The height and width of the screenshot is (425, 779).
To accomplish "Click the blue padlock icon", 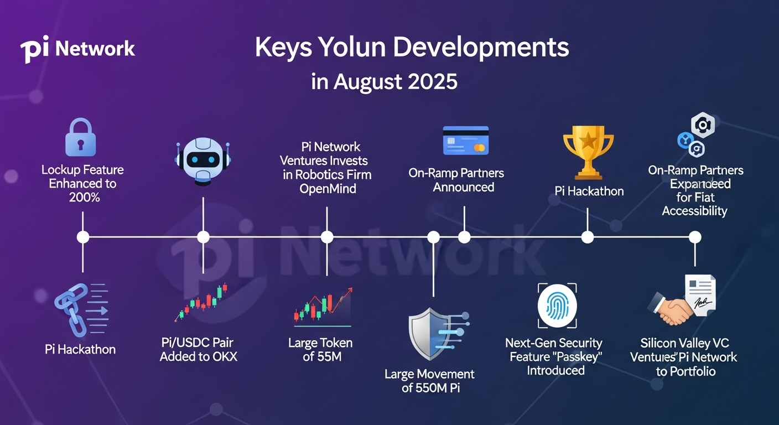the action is click(x=81, y=137).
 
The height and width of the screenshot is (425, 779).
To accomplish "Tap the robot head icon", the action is click(x=203, y=162).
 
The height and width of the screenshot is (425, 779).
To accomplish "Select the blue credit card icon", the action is click(x=466, y=141).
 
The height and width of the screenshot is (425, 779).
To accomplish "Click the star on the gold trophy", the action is click(x=589, y=141).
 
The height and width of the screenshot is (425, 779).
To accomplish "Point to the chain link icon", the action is click(x=71, y=309).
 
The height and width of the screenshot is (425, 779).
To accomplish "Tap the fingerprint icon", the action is click(x=557, y=306).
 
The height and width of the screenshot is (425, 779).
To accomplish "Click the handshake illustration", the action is click(x=670, y=308).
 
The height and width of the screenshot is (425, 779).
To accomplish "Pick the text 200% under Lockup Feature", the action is click(x=85, y=198).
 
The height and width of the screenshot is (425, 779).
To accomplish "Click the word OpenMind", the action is click(x=328, y=189).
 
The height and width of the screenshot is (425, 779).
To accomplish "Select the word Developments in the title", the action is click(x=481, y=48).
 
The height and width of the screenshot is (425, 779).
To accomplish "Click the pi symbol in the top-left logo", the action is click(x=34, y=49).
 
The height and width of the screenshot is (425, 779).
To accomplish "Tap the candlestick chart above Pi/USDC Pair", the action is click(x=201, y=302).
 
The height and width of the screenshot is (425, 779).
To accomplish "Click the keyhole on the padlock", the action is click(x=81, y=144).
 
